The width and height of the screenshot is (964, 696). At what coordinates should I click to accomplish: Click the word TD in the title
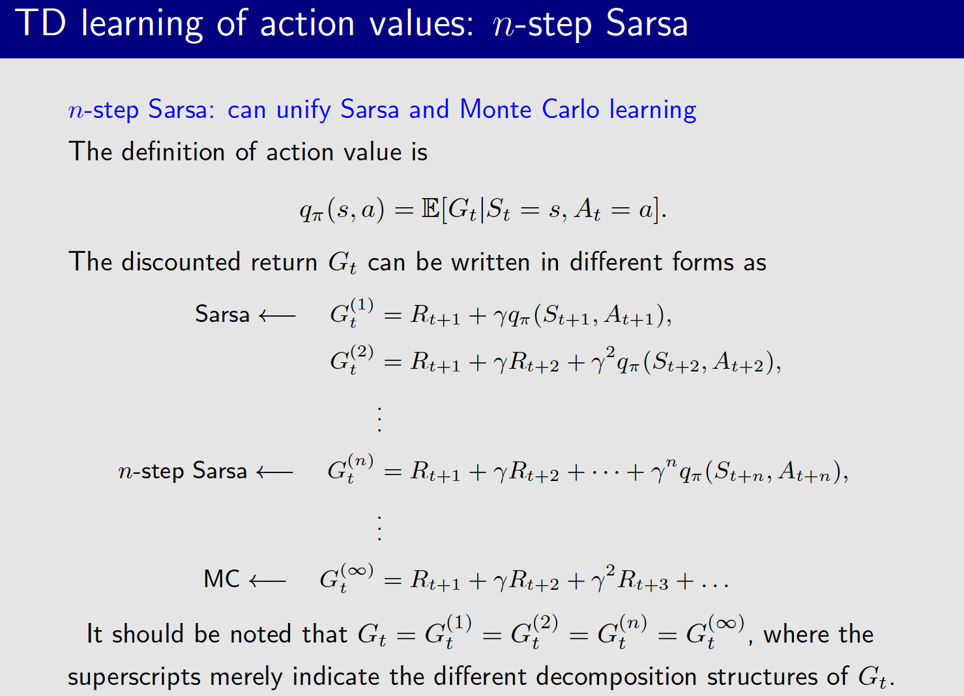tap(40, 23)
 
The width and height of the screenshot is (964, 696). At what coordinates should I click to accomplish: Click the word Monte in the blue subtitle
tap(495, 109)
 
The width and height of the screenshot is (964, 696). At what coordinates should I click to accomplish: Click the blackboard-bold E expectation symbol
tap(431, 209)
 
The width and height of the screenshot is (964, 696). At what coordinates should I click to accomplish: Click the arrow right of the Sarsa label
tap(277, 316)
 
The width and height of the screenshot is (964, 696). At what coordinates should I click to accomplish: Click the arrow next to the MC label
tap(267, 580)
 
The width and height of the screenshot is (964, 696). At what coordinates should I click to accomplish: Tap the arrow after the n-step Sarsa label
tap(274, 472)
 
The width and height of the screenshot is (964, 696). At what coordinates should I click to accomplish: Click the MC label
tap(222, 579)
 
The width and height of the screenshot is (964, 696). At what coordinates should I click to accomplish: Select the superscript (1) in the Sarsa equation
tap(362, 304)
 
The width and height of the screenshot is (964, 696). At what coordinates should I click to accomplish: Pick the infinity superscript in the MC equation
tap(357, 571)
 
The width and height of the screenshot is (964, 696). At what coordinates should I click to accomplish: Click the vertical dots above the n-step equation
tap(379, 419)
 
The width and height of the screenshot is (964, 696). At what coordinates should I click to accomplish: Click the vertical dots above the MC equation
tap(379, 528)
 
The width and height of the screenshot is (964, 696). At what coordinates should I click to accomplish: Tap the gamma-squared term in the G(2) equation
tap(602, 360)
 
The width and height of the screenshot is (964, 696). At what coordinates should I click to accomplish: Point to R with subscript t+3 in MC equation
tap(642, 580)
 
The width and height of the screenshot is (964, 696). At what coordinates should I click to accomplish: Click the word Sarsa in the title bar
tap(647, 23)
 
